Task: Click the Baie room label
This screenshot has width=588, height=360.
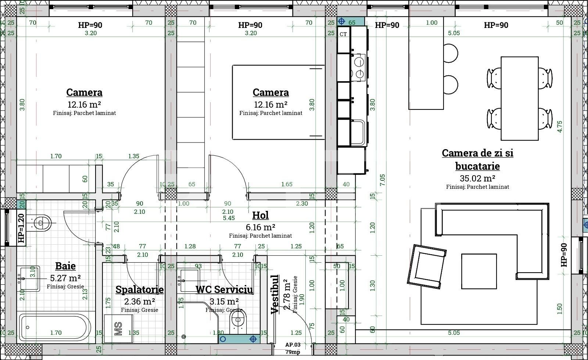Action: tap(65, 266)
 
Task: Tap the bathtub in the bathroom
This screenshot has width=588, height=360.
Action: tap(55, 327)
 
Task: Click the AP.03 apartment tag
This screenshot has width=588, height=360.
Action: tap(293, 345)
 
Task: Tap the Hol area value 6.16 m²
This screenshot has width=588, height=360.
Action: tap(261, 227)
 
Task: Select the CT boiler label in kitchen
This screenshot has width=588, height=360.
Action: tap(343, 34)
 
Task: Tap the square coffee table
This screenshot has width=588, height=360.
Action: tap(479, 271)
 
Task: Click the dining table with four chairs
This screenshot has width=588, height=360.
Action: tap(519, 98)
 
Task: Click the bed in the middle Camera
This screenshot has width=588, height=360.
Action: tap(278, 102)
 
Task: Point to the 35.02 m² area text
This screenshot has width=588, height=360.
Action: tap(477, 179)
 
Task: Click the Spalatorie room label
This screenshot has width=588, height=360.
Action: tap(139, 289)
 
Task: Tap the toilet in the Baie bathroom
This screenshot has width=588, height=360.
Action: tap(41, 223)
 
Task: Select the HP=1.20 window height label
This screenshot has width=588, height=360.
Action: tap(21, 228)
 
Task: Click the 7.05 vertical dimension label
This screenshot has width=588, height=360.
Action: tap(382, 180)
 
